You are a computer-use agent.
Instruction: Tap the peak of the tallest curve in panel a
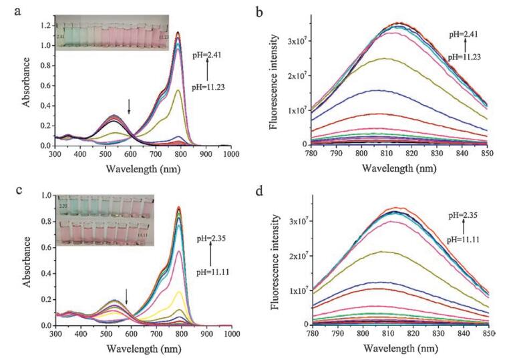click(178, 32)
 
